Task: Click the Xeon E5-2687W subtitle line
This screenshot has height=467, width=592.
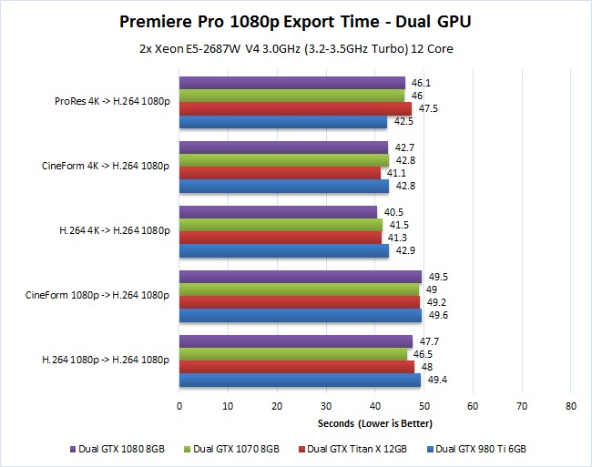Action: (x=296, y=49)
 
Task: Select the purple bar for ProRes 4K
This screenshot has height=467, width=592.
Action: (x=292, y=83)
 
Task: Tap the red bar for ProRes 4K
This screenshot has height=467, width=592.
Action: (x=296, y=108)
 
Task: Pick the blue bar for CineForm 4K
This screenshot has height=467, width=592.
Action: (x=284, y=187)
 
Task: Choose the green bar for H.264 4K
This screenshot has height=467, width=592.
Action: (x=281, y=225)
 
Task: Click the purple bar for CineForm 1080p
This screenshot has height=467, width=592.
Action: (x=301, y=277)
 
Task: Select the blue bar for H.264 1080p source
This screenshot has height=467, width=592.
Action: (x=301, y=381)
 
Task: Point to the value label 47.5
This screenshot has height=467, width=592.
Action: (x=428, y=108)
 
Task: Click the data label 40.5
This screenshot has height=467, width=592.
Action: (x=393, y=212)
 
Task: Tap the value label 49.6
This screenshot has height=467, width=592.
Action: (x=438, y=315)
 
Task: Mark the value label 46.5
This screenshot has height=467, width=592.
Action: (x=423, y=355)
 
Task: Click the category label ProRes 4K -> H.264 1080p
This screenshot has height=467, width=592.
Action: (x=112, y=101)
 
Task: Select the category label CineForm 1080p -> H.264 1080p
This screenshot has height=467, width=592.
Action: (x=97, y=295)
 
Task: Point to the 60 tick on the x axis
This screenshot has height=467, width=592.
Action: (x=473, y=406)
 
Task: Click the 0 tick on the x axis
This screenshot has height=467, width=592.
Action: (x=179, y=406)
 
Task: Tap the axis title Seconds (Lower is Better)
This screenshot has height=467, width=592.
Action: (x=375, y=423)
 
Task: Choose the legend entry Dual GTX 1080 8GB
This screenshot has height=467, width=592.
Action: (x=117, y=450)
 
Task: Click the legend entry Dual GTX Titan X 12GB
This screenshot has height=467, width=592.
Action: (x=352, y=450)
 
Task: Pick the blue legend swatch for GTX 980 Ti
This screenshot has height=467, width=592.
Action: (x=430, y=450)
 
